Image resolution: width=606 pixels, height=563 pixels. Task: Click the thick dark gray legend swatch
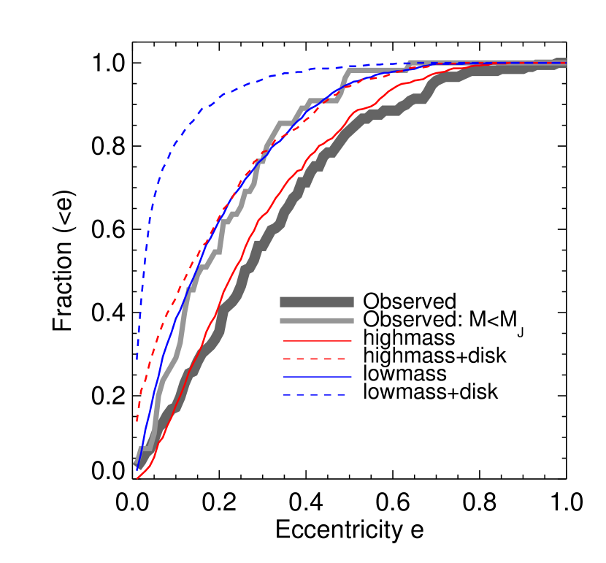pyautogui.click(x=316, y=302)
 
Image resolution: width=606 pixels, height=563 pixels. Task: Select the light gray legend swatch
pyautogui.click(x=316, y=321)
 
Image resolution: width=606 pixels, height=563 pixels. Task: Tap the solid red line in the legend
pyautogui.click(x=317, y=340)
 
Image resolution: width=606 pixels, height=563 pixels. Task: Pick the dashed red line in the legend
pyautogui.click(x=314, y=359)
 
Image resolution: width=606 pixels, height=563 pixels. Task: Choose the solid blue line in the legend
pyautogui.click(x=317, y=377)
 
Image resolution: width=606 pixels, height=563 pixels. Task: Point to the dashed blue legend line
pyautogui.click(x=314, y=395)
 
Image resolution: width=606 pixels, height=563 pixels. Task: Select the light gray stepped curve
pyautogui.click(x=285, y=123)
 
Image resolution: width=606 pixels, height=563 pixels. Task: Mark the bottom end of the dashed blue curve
pyautogui.click(x=137, y=359)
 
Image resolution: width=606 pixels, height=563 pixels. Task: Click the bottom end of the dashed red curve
pyautogui.click(x=137, y=421)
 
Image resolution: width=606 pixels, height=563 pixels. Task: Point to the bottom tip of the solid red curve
pyautogui.click(x=137, y=478)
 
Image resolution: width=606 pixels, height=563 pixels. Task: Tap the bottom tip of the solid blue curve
pyautogui.click(x=137, y=469)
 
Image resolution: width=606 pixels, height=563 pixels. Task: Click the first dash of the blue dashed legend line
pyautogui.click(x=288, y=395)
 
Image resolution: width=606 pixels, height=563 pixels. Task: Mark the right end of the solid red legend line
pyautogui.click(x=350, y=340)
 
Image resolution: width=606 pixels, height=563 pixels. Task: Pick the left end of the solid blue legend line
pyautogui.click(x=284, y=377)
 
